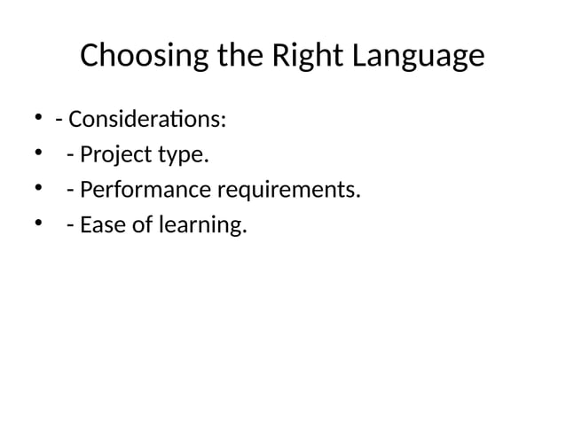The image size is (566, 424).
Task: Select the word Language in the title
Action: click(x=420, y=58)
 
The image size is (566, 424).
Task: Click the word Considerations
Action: click(x=145, y=119)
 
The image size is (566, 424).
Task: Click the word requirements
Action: click(x=290, y=192)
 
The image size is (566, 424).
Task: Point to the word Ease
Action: click(x=99, y=226)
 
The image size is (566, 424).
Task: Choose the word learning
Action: click(x=201, y=227)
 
